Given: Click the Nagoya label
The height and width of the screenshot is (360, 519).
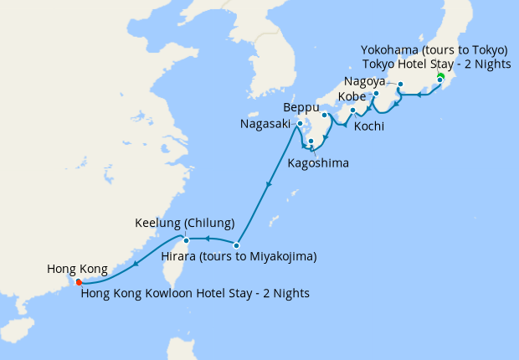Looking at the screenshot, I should pos(364,82).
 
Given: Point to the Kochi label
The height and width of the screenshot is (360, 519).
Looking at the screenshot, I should pos(369,126).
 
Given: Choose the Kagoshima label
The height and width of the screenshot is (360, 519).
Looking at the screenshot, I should pos(318,162).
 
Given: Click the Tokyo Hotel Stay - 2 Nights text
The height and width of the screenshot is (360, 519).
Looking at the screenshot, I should pos(437,64).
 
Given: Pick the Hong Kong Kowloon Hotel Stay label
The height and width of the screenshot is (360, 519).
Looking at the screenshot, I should pos(195,293).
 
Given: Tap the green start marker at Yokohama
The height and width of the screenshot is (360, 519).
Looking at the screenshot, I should pos(440,77).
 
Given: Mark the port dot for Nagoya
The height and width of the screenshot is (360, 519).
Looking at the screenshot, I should pos(400,84).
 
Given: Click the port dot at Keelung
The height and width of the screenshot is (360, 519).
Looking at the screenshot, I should pos(198,240).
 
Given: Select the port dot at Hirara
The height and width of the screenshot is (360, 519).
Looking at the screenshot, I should pos(237,245).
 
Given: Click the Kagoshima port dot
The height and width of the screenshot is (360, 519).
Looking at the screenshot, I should pos(311,141).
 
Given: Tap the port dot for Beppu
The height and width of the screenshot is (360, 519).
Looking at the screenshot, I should pos(324,115).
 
